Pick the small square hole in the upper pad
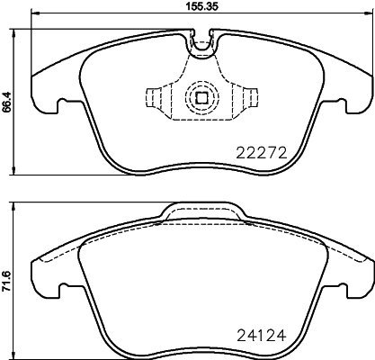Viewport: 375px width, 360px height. coord(201,100)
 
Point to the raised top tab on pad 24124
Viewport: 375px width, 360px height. coord(201,211)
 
